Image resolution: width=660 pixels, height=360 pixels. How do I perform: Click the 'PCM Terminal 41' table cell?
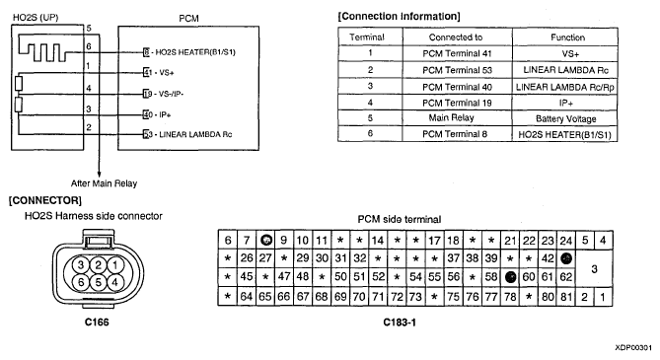click(x=457, y=53)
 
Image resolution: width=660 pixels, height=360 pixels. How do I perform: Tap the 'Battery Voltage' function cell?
click(x=565, y=118)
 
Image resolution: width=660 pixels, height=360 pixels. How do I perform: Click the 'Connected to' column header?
click(x=457, y=37)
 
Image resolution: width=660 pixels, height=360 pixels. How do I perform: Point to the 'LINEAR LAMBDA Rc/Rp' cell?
click(x=565, y=87)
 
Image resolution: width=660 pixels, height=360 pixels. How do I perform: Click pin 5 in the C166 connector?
click(x=98, y=282)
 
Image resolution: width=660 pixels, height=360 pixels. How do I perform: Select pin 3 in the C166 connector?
click(x=81, y=265)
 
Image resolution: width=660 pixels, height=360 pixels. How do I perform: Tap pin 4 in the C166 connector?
click(x=114, y=282)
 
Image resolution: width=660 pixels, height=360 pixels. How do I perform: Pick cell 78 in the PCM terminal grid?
click(x=510, y=297)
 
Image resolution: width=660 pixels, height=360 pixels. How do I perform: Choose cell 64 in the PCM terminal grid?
click(x=247, y=297)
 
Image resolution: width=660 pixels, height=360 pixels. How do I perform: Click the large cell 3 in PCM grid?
click(x=594, y=268)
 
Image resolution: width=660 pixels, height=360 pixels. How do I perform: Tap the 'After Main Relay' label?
click(x=104, y=183)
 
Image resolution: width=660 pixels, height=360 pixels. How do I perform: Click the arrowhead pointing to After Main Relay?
click(x=100, y=174)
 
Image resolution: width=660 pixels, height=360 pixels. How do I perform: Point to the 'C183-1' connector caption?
click(x=400, y=323)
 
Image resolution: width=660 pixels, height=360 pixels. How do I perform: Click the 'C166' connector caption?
click(x=97, y=323)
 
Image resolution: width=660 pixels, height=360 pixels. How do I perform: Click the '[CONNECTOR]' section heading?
click(x=45, y=200)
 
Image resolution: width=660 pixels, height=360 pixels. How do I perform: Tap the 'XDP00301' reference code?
click(x=633, y=348)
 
